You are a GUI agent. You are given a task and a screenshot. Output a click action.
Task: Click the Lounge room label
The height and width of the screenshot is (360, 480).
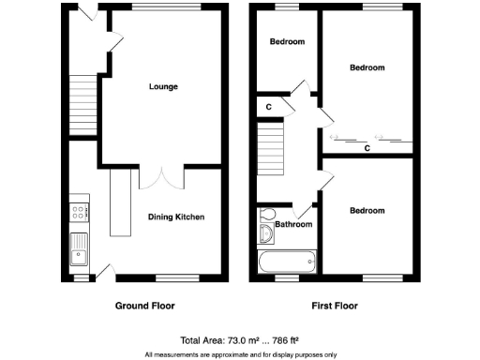(163, 87)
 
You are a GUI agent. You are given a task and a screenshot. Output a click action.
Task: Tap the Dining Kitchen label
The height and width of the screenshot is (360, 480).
(176, 217)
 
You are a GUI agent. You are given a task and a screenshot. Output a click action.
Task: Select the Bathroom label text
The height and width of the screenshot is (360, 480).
(292, 225)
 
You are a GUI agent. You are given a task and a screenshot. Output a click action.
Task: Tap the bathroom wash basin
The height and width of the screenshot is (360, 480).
(264, 233)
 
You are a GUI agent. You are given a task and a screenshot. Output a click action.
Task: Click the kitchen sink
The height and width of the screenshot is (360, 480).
(78, 249)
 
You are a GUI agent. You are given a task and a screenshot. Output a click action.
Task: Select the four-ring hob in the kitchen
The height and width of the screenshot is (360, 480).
(78, 212)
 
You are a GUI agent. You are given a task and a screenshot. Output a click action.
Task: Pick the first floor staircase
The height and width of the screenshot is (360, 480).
(270, 147)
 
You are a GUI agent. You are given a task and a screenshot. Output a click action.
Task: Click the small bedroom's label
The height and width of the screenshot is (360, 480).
(287, 42)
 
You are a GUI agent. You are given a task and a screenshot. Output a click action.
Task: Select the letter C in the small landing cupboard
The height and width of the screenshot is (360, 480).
(268, 106)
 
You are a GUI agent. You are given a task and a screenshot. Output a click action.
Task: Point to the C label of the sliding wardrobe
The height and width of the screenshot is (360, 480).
(367, 147)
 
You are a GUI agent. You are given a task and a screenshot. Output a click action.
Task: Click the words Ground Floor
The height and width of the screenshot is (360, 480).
(144, 306)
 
